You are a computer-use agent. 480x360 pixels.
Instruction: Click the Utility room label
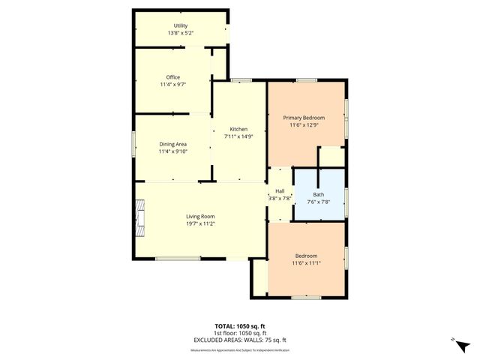tap(180, 25)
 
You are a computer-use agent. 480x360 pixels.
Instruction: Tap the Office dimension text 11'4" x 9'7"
tap(172, 84)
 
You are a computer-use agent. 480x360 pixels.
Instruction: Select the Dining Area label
tap(172, 144)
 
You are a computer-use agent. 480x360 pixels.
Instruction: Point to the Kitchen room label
tap(238, 129)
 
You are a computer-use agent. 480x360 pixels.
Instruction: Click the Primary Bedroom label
tap(303, 118)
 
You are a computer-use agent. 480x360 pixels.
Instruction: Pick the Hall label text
tap(280, 191)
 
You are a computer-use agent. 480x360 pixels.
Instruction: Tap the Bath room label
tap(319, 194)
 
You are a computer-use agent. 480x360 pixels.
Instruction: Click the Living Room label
tap(201, 216)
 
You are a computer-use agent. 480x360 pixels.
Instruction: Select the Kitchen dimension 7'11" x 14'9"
tap(238, 136)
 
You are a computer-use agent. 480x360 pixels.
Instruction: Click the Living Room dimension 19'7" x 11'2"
tap(201, 223)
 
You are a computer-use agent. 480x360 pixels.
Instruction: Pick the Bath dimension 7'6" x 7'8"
tap(319, 202)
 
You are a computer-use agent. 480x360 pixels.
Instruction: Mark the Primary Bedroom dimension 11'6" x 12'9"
tap(303, 125)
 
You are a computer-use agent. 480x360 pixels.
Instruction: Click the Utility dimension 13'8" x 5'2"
tap(180, 33)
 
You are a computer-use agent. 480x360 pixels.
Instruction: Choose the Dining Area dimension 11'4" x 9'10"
tap(172, 151)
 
